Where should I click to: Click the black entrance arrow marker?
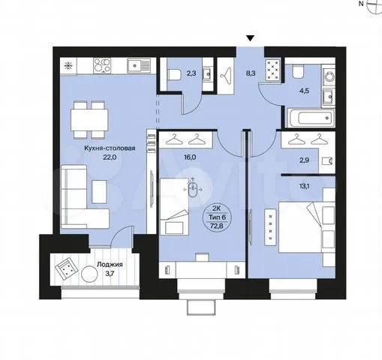[250, 38]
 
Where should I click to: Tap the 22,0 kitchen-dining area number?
[110, 157]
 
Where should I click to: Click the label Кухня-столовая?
[110, 148]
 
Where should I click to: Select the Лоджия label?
[110, 265]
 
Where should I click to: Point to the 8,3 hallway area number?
[250, 73]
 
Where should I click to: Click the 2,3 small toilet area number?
[191, 73]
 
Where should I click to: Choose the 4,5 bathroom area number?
[304, 91]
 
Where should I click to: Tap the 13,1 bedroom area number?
[304, 186]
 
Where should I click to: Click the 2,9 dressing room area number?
[304, 160]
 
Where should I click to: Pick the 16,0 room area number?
[190, 157]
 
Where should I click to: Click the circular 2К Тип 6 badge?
[217, 217]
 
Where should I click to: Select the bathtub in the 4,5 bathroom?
[311, 118]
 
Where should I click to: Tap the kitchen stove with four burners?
[102, 65]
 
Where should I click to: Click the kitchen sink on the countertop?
[139, 65]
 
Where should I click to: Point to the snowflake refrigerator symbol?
[68, 66]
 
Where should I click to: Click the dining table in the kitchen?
[89, 120]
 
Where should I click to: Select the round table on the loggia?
[89, 274]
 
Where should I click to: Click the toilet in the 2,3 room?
[174, 74]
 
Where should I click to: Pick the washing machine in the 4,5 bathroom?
[328, 76]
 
